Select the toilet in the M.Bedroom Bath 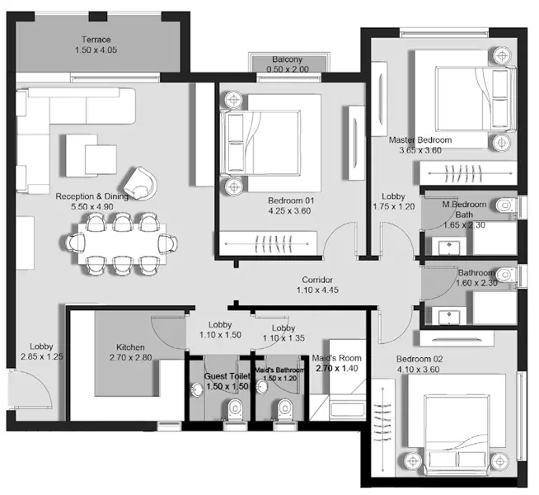pyautogui.click(x=505, y=204)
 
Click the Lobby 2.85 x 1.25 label pyautogui.click(x=41, y=351)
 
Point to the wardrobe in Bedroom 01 pyautogui.click(x=273, y=244)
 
